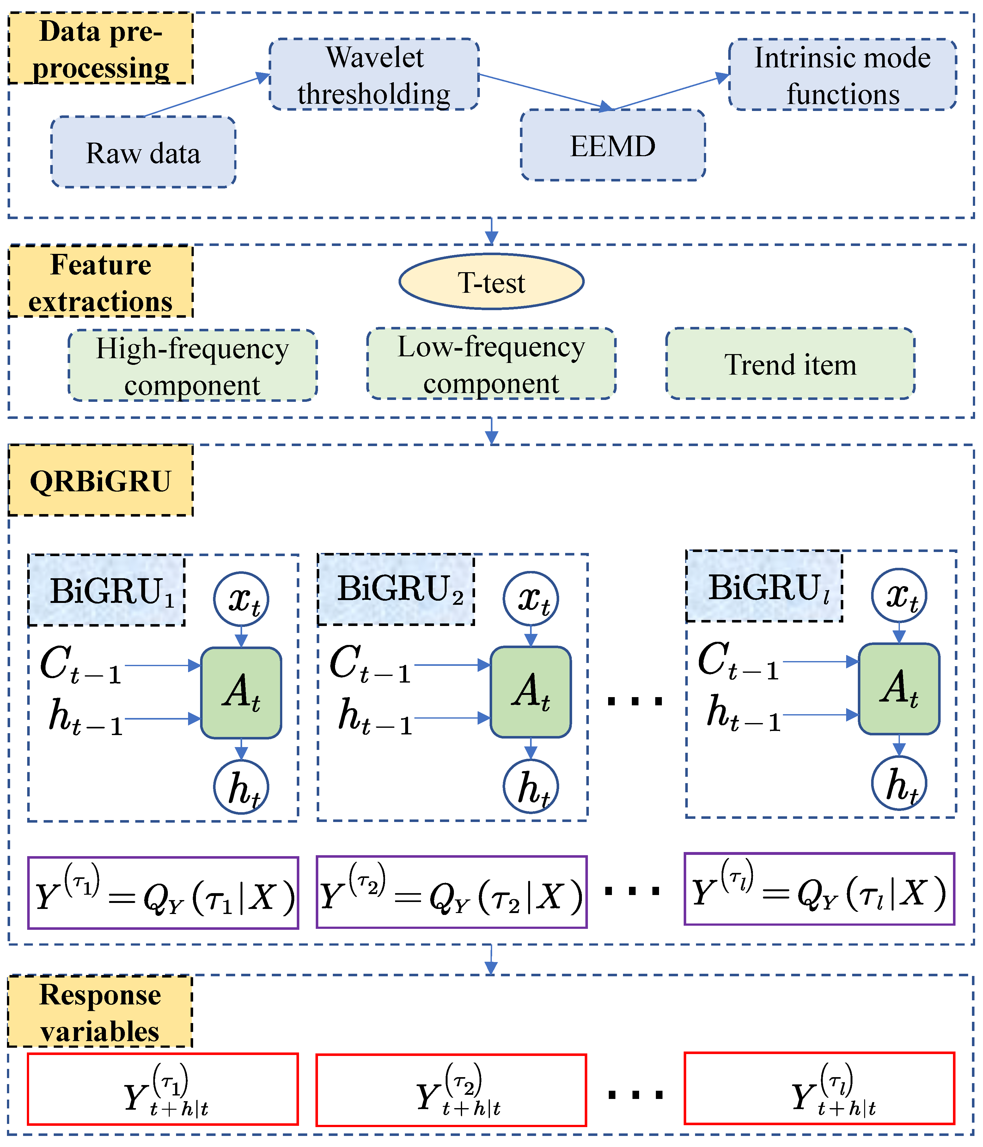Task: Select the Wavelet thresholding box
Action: coord(374,74)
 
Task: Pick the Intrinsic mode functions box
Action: coord(842,75)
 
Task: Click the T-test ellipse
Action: coord(491,282)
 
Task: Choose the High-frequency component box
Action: coord(192,365)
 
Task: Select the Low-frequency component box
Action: coord(491,364)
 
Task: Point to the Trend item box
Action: coord(790,364)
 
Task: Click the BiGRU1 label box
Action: coord(106,591)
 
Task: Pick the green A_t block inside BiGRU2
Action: coord(530,692)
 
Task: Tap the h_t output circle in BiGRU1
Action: coord(241,787)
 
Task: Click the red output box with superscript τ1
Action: coord(163,1089)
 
